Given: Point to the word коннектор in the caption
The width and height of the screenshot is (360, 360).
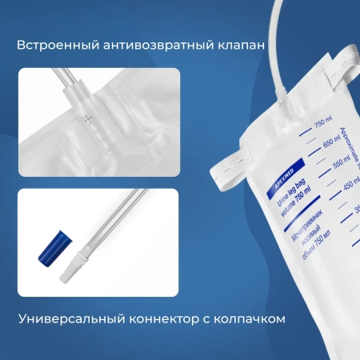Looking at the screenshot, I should click(x=163, y=318).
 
